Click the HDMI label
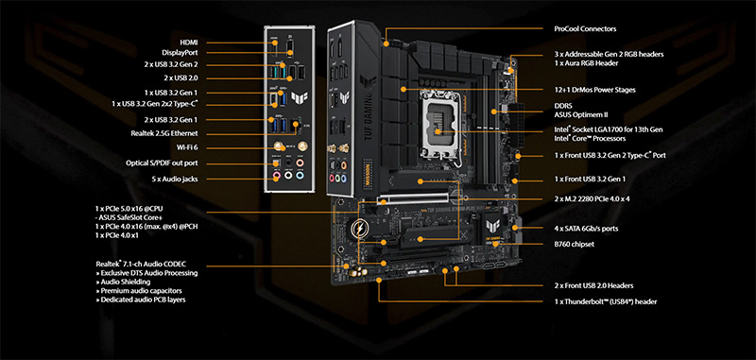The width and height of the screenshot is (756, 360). [x=188, y=43]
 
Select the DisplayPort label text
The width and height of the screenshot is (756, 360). [x=180, y=53]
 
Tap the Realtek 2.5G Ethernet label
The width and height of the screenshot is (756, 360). [x=163, y=133]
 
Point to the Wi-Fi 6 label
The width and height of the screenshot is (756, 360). [x=187, y=147]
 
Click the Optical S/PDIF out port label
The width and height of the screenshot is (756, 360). [x=162, y=163]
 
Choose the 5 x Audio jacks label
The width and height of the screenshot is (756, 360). [x=175, y=179]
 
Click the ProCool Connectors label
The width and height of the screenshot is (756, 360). [x=585, y=29]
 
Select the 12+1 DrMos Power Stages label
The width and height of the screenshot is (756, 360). [x=595, y=90]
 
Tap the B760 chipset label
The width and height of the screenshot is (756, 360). [x=574, y=245]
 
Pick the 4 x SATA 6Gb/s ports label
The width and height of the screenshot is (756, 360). [x=586, y=229]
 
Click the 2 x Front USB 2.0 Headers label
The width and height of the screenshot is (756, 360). [x=593, y=285]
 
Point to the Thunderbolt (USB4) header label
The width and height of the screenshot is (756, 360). [x=605, y=301]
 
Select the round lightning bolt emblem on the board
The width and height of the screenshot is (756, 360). [x=360, y=228]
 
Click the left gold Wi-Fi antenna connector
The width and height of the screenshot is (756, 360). [x=278, y=146]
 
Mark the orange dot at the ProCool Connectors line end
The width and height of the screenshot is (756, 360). [x=387, y=43]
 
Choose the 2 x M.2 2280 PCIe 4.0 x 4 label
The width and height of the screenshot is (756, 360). [x=592, y=198]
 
